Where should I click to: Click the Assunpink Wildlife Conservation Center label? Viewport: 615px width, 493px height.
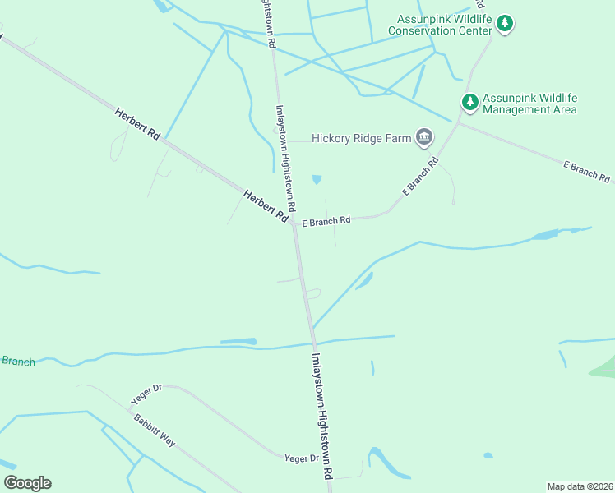[444, 25]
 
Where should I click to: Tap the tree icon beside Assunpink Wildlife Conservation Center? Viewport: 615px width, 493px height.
[506, 25]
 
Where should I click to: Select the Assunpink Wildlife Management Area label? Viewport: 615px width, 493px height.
[529, 103]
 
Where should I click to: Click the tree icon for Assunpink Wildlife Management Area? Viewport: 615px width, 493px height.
[469, 102]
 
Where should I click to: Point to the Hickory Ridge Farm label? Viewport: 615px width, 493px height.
[361, 138]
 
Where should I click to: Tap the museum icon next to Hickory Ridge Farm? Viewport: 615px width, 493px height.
[424, 137]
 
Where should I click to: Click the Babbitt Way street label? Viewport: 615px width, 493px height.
[155, 429]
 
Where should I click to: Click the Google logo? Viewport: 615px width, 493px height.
[27, 483]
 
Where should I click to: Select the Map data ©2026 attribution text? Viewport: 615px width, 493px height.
[579, 486]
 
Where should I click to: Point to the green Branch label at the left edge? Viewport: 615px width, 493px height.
[17, 361]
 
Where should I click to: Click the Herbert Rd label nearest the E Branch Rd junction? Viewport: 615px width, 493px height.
[266, 205]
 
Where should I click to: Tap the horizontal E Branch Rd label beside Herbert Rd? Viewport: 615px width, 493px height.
[326, 220]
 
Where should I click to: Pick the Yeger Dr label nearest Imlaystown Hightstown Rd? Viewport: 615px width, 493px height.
[301, 458]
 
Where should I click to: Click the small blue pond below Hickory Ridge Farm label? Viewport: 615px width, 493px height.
[317, 180]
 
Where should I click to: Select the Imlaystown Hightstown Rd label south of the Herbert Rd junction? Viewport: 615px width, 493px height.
[321, 417]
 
